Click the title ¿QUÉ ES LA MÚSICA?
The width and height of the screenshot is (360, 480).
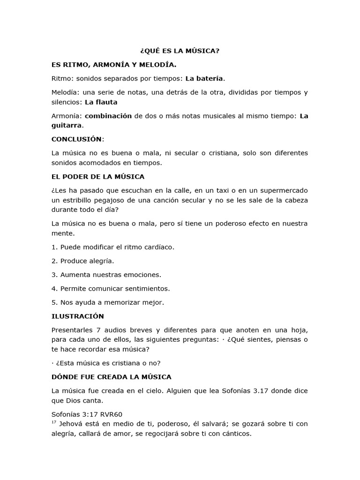(x=180, y=51)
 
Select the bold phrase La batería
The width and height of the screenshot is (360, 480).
(x=205, y=78)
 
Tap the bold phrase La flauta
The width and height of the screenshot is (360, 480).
(x=101, y=102)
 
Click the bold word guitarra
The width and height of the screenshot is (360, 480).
(x=67, y=125)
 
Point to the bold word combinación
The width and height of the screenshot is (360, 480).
(x=108, y=116)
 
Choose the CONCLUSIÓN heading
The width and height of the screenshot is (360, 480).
(x=77, y=139)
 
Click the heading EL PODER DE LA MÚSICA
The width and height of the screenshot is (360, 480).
(x=97, y=177)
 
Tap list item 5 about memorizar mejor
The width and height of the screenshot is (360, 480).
(x=108, y=302)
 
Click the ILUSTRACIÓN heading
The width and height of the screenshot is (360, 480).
(x=77, y=316)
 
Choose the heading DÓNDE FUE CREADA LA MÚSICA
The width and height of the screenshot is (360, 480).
(x=111, y=377)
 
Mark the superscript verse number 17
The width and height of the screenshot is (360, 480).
(x=54, y=422)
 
